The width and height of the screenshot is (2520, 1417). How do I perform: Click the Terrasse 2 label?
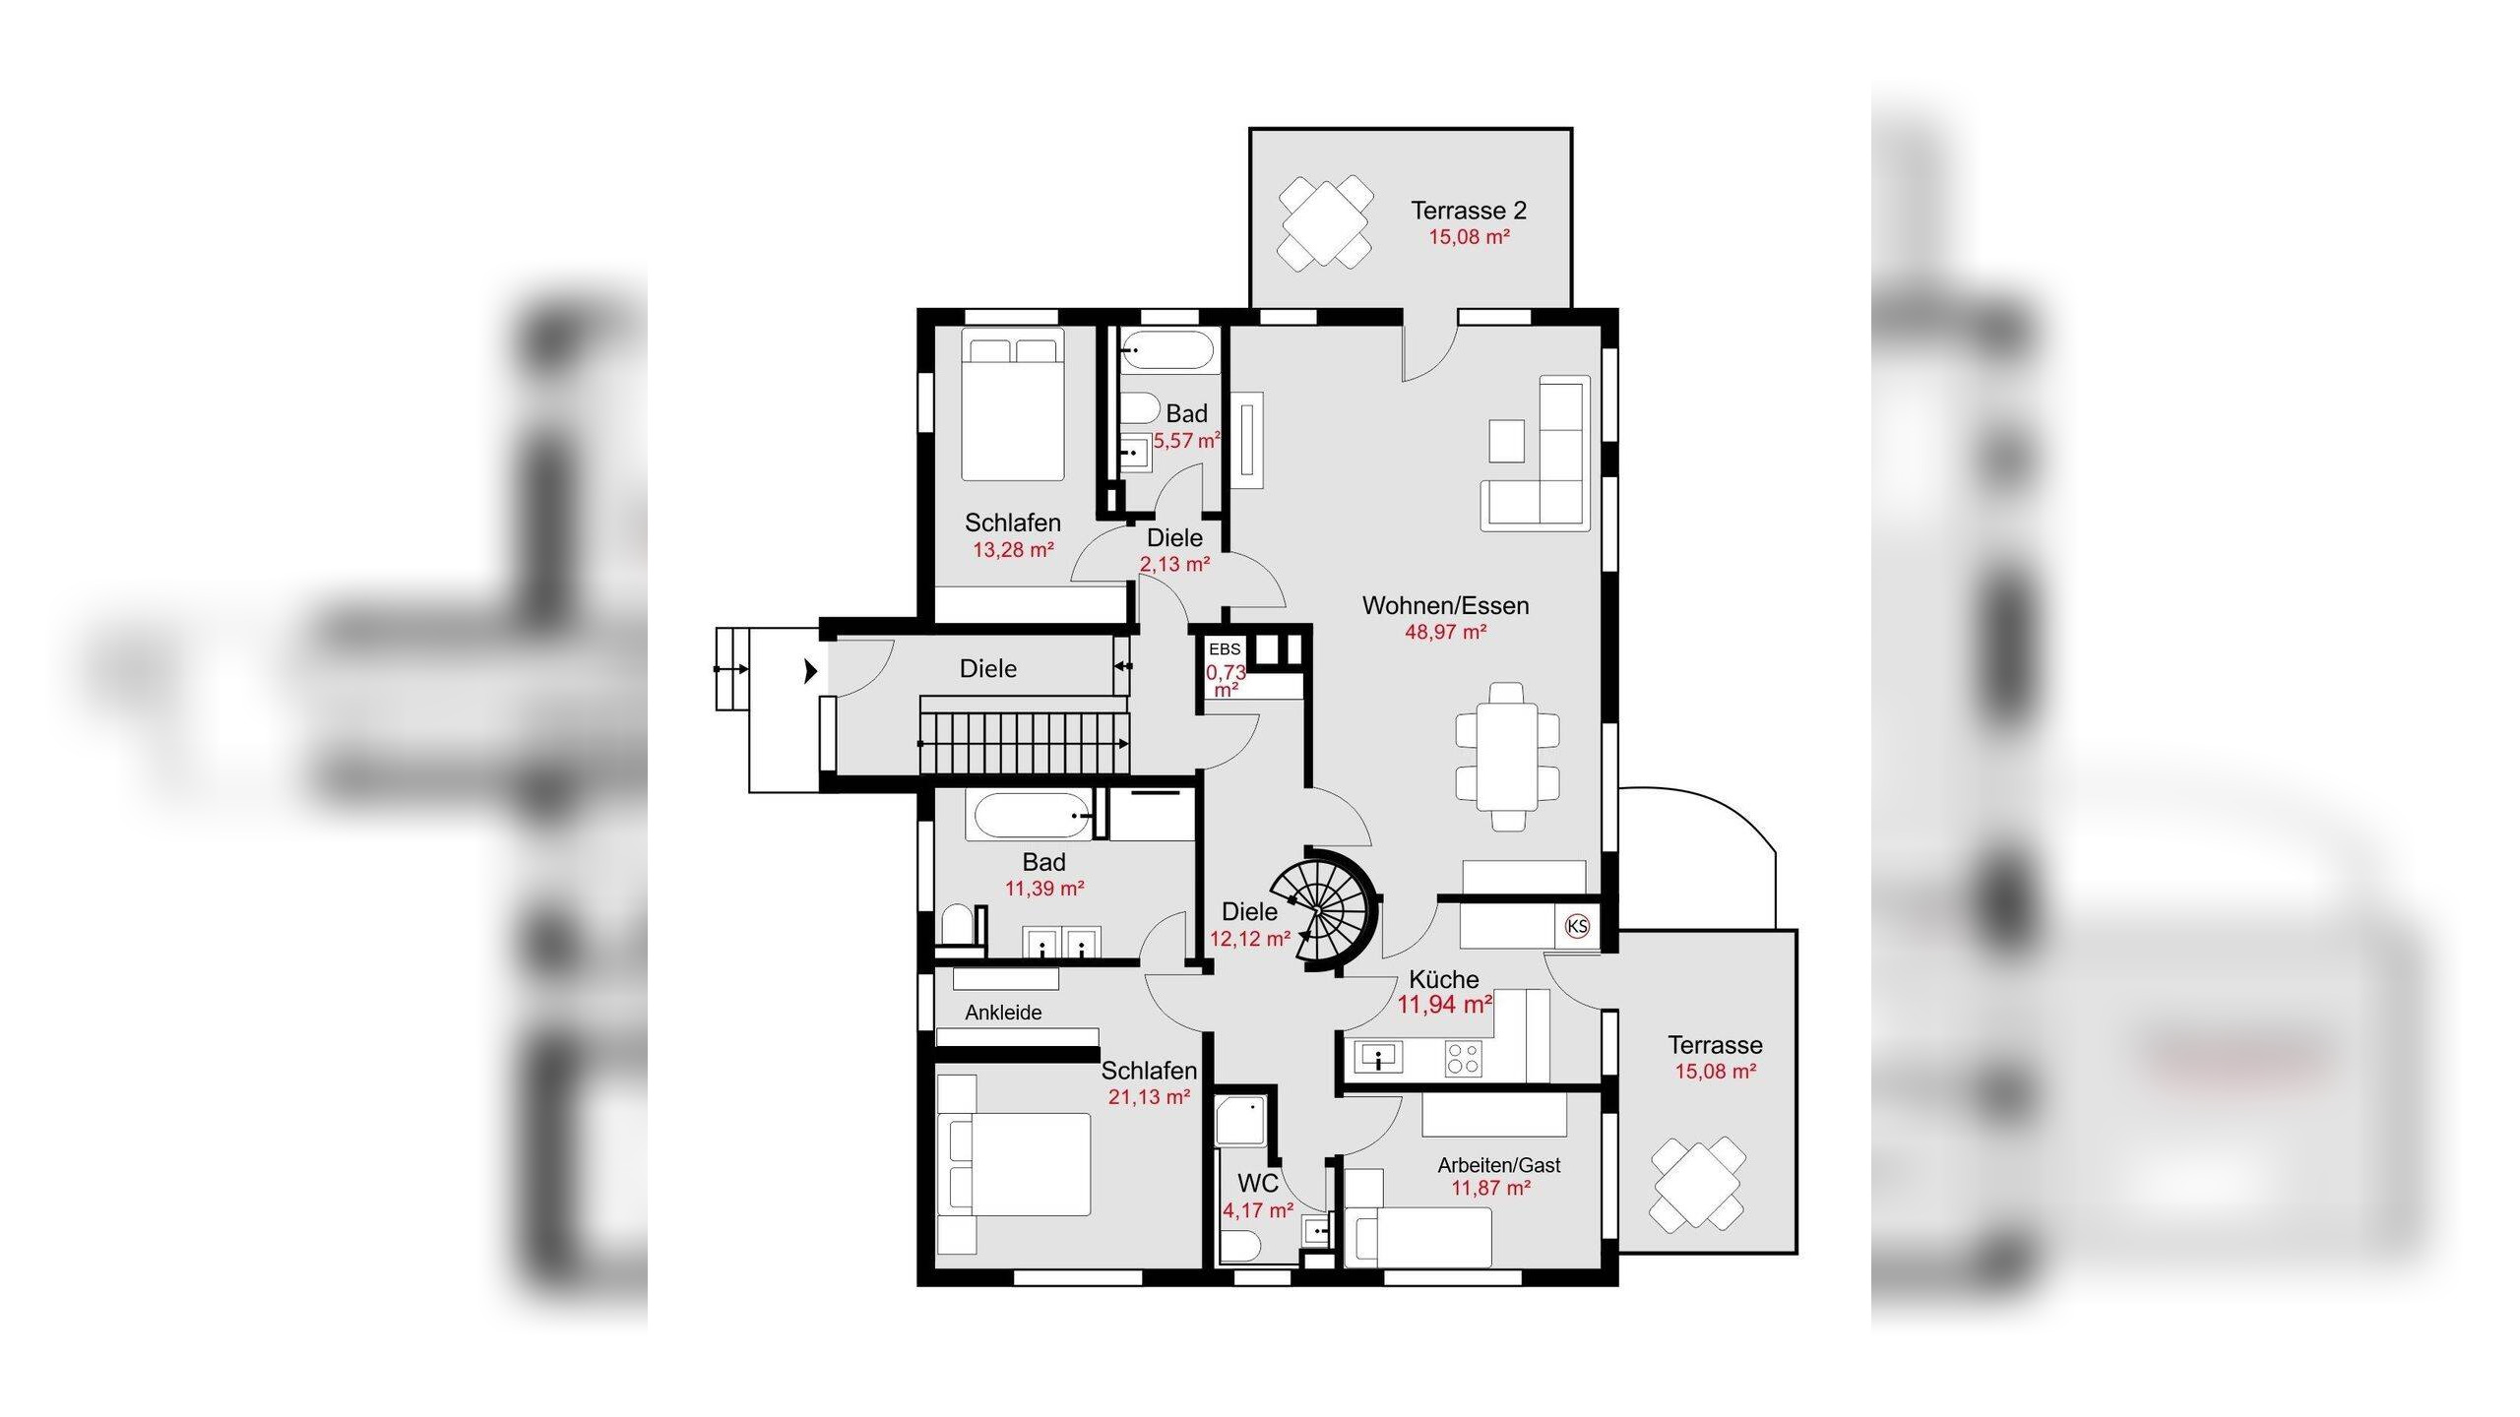[1469, 211]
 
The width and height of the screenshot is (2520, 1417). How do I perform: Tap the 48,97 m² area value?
[1445, 632]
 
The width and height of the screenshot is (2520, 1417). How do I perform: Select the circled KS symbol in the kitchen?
[1577, 926]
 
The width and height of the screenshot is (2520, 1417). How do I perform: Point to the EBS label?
[1225, 649]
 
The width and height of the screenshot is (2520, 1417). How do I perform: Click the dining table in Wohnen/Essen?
[1507, 756]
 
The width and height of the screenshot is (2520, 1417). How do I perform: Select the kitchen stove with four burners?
[1463, 1059]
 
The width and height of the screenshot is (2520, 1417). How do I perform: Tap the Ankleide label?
[1003, 1013]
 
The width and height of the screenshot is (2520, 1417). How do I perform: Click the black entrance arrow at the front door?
[810, 671]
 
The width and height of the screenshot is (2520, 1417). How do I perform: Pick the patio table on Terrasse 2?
[1326, 223]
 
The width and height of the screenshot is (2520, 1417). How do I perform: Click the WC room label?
[1258, 1183]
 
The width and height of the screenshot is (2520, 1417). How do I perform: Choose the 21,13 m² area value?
[1150, 1096]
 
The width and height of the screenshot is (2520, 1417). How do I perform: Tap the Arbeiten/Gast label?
[1499, 1165]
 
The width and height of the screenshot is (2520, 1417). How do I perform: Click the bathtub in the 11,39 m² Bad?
[1030, 817]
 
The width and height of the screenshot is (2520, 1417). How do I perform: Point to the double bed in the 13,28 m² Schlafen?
[1013, 405]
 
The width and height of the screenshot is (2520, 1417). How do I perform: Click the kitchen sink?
[1380, 1059]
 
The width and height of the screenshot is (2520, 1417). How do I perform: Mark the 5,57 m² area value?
[1187, 441]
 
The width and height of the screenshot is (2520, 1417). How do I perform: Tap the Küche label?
[1444, 979]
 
